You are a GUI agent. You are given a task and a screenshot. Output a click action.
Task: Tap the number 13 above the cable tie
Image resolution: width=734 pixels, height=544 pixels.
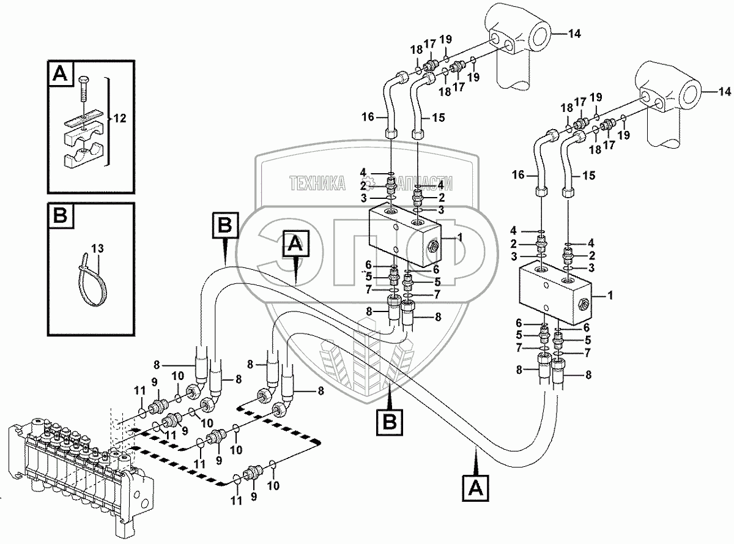(x=97, y=248)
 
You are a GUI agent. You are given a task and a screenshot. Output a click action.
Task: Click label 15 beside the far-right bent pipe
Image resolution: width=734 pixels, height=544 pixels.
(x=588, y=176)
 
